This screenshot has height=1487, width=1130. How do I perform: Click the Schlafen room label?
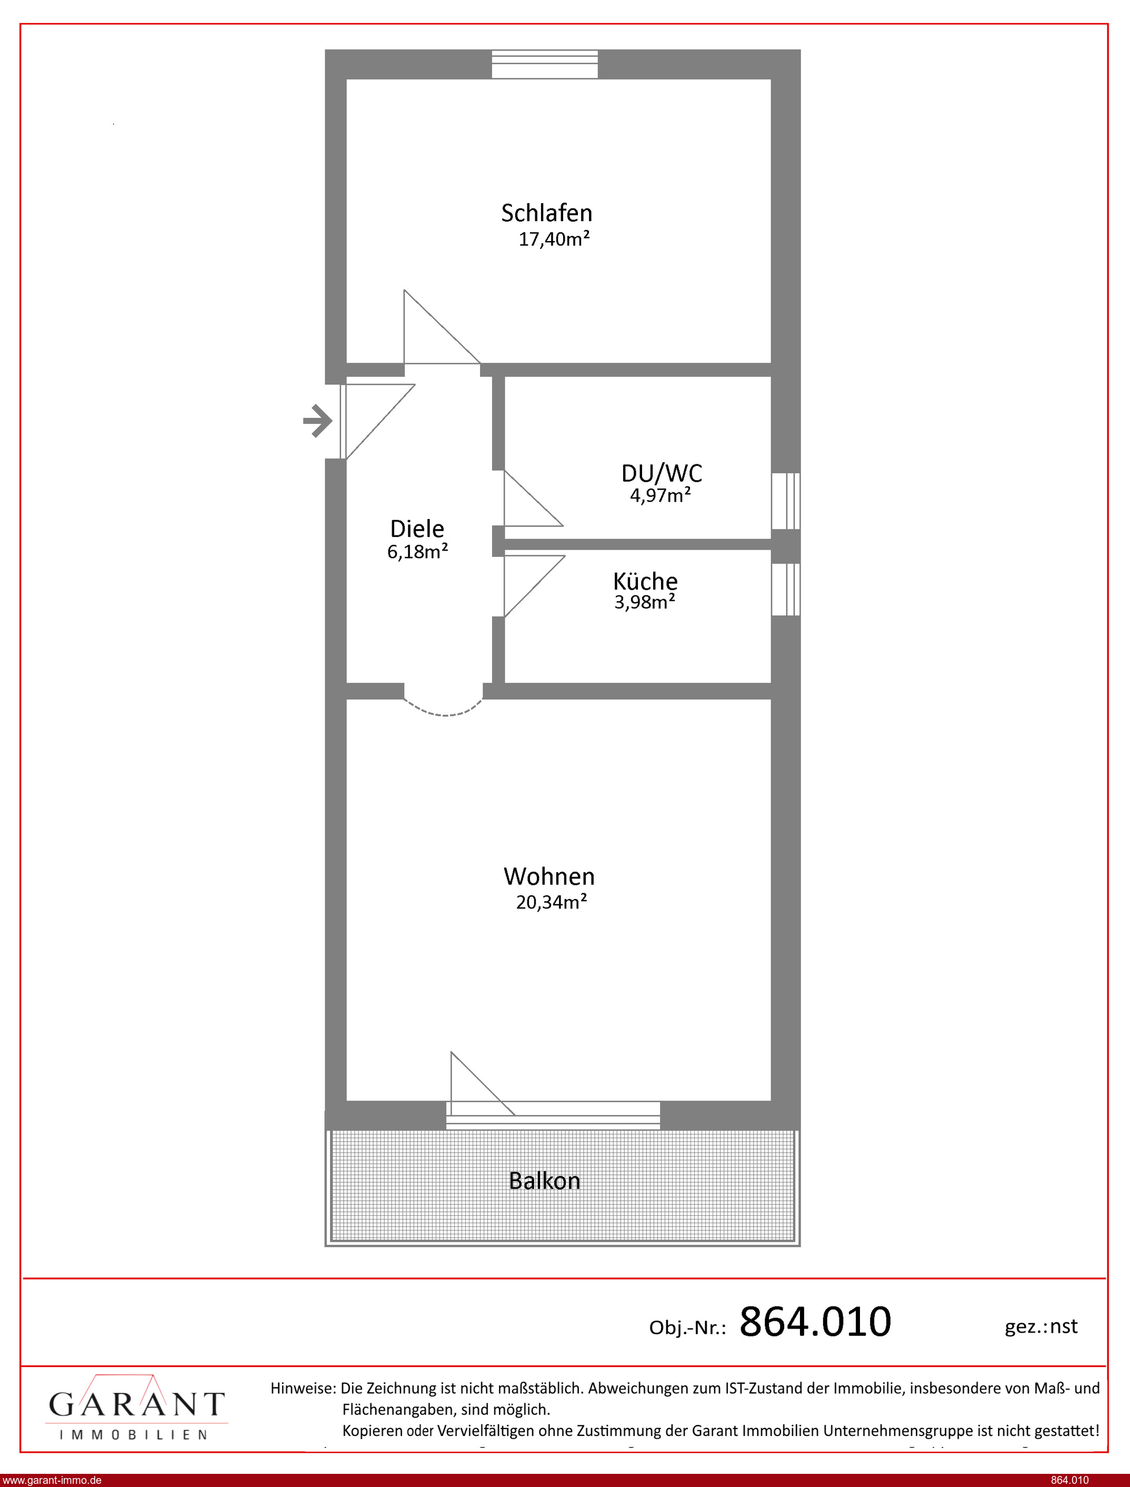[x=546, y=213]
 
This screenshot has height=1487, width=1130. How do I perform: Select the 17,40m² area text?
[x=554, y=239]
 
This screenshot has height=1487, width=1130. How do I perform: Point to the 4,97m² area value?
[x=660, y=496]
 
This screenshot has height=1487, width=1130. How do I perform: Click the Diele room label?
[x=417, y=528]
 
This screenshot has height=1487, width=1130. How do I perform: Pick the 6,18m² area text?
[x=417, y=552]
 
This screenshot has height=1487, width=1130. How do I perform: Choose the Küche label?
[x=645, y=581]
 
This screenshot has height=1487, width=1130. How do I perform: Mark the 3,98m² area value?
[x=644, y=602]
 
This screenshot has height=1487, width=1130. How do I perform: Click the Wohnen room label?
[x=549, y=876]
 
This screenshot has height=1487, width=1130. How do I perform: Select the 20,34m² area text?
[x=551, y=902]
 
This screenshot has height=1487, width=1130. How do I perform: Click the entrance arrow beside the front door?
[x=317, y=422]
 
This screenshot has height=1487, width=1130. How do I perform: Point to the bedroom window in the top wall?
[x=545, y=65]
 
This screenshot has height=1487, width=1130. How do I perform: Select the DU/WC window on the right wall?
[x=786, y=501]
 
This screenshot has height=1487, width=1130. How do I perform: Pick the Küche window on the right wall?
[x=786, y=589]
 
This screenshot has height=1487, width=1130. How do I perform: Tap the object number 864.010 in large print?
[x=815, y=1322]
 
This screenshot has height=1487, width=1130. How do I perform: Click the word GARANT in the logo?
[x=136, y=1404]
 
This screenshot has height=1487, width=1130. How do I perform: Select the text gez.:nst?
[x=1041, y=1326]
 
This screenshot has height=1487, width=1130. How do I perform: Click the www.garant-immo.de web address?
[x=52, y=1480]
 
